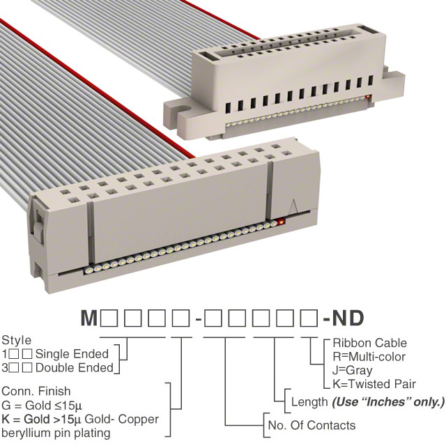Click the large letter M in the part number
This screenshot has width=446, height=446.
click(x=89, y=318)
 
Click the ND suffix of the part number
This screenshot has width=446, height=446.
click(x=348, y=318)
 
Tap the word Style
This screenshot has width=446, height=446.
click(x=17, y=341)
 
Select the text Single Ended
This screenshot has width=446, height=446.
click(x=72, y=354)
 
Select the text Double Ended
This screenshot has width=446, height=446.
click(x=75, y=368)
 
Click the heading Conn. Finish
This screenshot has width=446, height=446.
click(x=36, y=391)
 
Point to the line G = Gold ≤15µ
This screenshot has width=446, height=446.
click(x=42, y=406)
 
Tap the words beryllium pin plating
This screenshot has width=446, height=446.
click(x=56, y=433)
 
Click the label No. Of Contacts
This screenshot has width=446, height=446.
click(x=312, y=426)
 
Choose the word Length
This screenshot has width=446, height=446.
click(x=309, y=402)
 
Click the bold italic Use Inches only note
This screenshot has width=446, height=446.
click(x=388, y=402)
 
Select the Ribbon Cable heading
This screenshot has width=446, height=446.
click(x=370, y=343)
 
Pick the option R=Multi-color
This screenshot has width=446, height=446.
click(x=369, y=357)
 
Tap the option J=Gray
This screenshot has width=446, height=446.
click(x=353, y=371)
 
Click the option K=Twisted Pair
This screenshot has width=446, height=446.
click(x=374, y=384)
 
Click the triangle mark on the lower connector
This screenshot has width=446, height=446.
click(x=293, y=206)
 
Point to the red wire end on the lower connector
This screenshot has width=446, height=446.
click(x=282, y=222)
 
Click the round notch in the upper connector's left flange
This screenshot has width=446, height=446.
click(x=186, y=109)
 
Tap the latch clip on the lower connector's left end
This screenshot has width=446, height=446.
click(x=38, y=224)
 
